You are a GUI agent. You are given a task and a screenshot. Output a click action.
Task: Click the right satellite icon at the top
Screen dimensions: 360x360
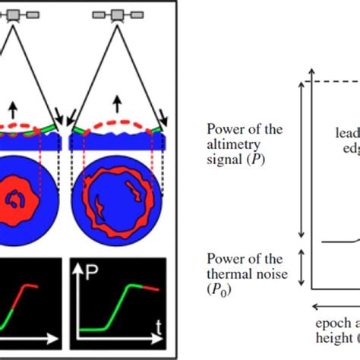117,14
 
